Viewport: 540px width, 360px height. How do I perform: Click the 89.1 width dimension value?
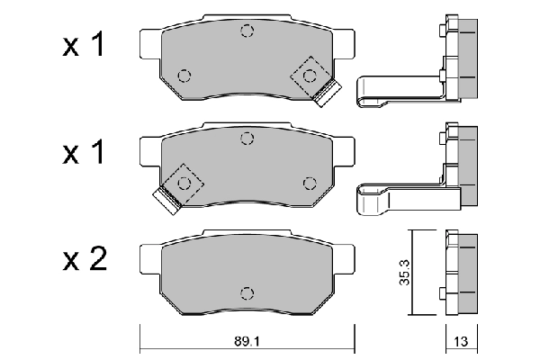[x=246, y=342]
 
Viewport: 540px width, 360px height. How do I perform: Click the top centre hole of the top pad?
[x=247, y=32]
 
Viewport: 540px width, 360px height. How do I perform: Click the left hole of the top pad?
[x=184, y=75]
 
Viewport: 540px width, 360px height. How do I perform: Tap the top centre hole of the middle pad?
[x=247, y=139]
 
